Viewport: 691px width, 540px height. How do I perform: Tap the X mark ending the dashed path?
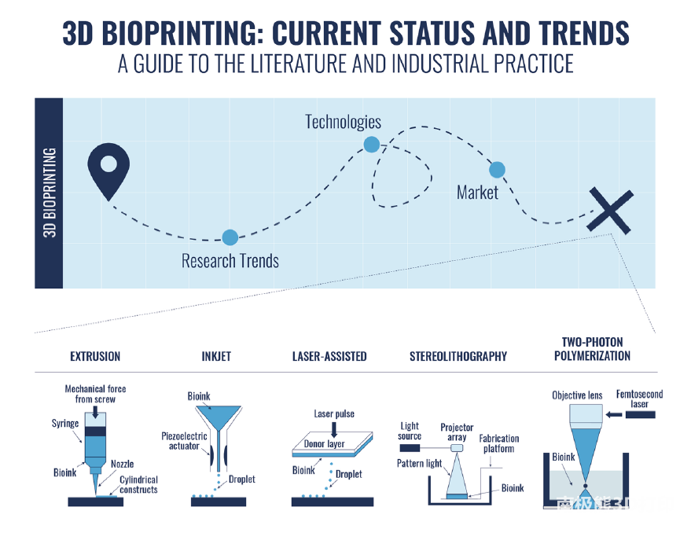pyautogui.click(x=610, y=211)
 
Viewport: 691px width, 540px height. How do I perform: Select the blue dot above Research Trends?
pyautogui.click(x=230, y=237)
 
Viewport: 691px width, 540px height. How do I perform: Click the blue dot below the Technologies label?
pyautogui.click(x=372, y=145)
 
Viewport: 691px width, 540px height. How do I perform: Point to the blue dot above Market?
pyautogui.click(x=497, y=170)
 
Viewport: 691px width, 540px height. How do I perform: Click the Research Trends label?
pyautogui.click(x=230, y=261)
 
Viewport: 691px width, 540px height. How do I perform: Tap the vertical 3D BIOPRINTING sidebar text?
pyautogui.click(x=50, y=193)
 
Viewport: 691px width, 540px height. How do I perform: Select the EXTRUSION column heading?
pyautogui.click(x=95, y=356)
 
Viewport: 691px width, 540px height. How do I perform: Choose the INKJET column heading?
pyautogui.click(x=216, y=356)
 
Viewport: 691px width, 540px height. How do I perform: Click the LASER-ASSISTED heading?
pyautogui.click(x=329, y=356)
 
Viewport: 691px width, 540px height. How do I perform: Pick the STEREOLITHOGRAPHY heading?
pyautogui.click(x=458, y=356)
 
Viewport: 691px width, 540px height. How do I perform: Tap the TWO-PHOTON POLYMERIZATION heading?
pyautogui.click(x=592, y=349)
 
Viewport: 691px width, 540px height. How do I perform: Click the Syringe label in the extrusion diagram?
pyautogui.click(x=65, y=424)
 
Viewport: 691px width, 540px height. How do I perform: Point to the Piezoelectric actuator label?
pyautogui.click(x=184, y=441)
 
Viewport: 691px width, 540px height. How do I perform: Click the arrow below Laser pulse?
pyautogui.click(x=334, y=429)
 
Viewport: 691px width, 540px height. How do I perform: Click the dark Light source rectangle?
pyautogui.click(x=410, y=448)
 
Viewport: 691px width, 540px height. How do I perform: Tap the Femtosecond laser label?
pyautogui.click(x=639, y=399)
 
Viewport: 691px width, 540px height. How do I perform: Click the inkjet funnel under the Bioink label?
pyautogui.click(x=219, y=417)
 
